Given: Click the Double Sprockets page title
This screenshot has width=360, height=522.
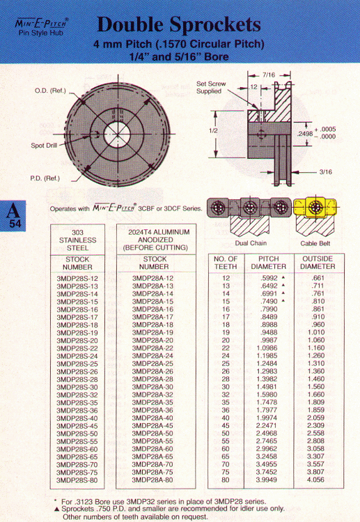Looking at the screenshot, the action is pos(179,24).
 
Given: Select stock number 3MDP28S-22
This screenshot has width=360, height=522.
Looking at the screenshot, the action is pos(77,348).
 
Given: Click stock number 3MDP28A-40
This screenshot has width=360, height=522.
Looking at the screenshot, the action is pos(152,417).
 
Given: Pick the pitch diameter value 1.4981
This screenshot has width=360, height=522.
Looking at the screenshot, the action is pos(267,387).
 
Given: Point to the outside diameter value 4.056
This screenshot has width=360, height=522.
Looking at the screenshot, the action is pos(315,479).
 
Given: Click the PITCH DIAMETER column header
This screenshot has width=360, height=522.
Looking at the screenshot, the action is pos(269,263).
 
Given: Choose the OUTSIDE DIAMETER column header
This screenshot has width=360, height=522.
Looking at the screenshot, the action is pos(318,263).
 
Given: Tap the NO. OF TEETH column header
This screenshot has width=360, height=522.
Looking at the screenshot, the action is pos(226,263).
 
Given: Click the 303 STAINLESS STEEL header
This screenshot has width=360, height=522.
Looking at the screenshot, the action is pos(77,240).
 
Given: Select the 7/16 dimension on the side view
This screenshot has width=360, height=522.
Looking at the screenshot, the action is pos(269,75).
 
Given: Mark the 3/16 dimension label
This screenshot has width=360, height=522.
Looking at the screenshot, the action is pos(326,171).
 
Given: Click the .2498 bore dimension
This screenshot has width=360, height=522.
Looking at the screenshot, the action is pos(305,134).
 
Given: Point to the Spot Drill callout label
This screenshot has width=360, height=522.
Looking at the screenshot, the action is pos(44,146).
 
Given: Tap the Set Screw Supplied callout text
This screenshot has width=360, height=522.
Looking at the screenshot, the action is pos(211,87).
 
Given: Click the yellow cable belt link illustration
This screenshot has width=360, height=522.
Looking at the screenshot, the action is pos(315,208).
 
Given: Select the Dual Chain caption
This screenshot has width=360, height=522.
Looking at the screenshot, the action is pos(251,243).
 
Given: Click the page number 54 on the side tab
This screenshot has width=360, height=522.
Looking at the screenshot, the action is pos(15,224).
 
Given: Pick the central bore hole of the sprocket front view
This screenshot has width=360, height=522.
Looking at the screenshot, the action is pos(117,135).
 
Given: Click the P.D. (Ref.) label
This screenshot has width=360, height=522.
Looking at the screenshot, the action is pos(45,178).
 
